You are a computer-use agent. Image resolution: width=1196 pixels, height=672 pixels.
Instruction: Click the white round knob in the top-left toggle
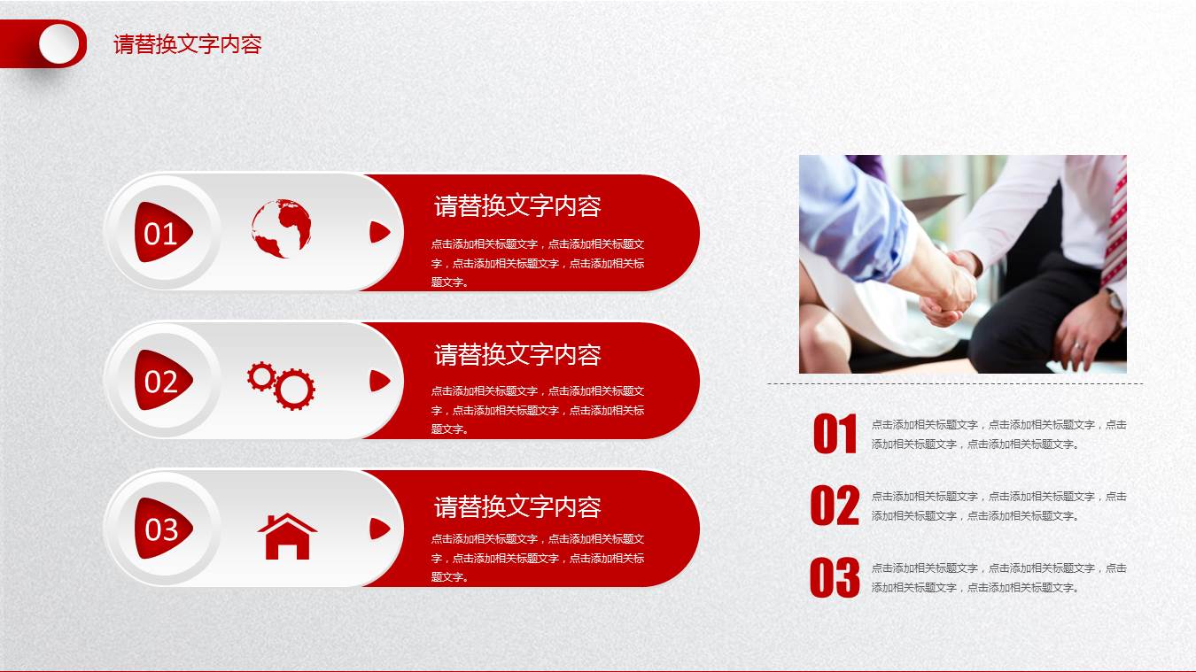click(x=59, y=43)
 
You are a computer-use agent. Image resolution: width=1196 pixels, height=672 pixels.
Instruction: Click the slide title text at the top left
click(x=187, y=44)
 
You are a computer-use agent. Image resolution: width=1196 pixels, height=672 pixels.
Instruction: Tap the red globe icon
click(x=281, y=228)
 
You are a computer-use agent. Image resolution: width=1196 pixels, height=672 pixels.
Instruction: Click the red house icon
click(x=287, y=536)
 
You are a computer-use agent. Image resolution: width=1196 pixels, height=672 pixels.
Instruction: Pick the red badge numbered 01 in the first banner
click(x=162, y=233)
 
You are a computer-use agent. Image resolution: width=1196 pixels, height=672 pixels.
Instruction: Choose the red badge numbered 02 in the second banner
click(x=162, y=381)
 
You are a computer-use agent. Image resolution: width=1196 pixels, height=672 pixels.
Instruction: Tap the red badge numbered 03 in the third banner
click(x=162, y=529)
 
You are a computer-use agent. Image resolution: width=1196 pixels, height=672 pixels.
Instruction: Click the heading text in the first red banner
click(x=517, y=206)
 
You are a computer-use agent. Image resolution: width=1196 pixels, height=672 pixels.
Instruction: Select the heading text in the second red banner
click(x=517, y=355)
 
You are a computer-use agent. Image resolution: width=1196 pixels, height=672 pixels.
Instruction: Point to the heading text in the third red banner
click(x=517, y=507)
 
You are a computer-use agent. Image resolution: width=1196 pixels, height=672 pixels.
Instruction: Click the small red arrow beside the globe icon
click(x=379, y=232)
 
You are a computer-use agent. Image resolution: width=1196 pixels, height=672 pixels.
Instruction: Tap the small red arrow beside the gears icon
click(x=379, y=381)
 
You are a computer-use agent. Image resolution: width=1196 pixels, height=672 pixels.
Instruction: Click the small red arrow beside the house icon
click(x=379, y=529)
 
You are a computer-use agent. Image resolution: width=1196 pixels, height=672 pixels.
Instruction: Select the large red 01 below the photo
click(x=835, y=435)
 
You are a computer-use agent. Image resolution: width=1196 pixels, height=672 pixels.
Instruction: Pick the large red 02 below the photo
click(x=835, y=506)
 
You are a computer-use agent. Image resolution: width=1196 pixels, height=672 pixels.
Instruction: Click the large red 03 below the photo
click(x=835, y=578)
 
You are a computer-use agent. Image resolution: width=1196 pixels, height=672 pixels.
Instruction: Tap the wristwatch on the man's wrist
click(x=1114, y=303)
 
